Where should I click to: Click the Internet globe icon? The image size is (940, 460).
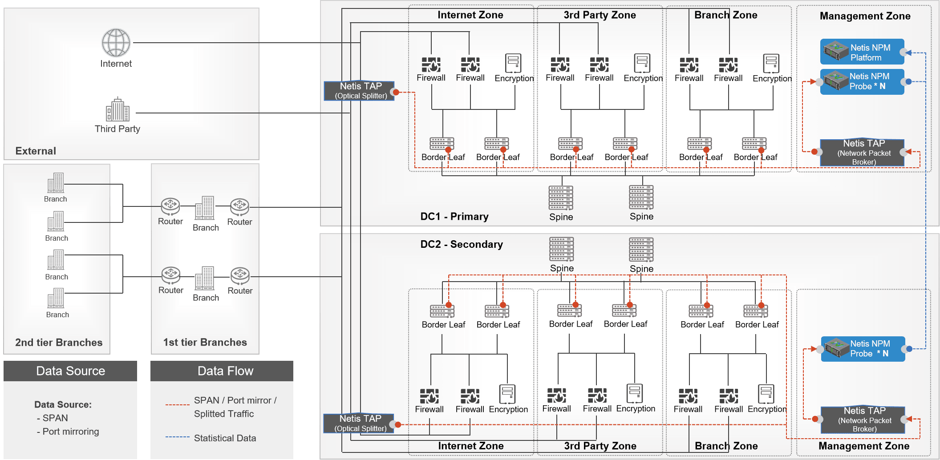point(116,43)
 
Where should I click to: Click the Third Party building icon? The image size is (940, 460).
point(117,110)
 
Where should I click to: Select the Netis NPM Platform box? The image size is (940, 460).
point(862,52)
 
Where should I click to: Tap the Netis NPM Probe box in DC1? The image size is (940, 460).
point(862,81)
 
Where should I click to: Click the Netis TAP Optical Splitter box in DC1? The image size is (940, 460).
point(359,91)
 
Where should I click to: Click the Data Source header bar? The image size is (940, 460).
point(70,371)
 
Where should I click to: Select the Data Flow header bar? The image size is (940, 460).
point(222,371)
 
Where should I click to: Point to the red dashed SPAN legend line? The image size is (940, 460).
point(178,405)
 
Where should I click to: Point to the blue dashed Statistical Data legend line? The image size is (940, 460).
point(178,437)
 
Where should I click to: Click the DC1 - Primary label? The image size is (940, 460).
point(454,217)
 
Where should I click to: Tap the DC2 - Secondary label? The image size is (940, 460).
point(462,244)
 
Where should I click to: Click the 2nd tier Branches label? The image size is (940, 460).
point(59,343)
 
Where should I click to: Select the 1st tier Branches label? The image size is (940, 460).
point(205,342)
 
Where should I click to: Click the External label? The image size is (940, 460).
point(36,151)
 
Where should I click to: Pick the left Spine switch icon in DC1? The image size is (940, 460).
point(561,198)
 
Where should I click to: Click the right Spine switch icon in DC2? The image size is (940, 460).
point(641,250)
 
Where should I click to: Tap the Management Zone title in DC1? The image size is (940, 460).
point(865,16)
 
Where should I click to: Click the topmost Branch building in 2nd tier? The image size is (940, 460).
point(56,183)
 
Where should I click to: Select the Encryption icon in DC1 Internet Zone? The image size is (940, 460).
point(514,64)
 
